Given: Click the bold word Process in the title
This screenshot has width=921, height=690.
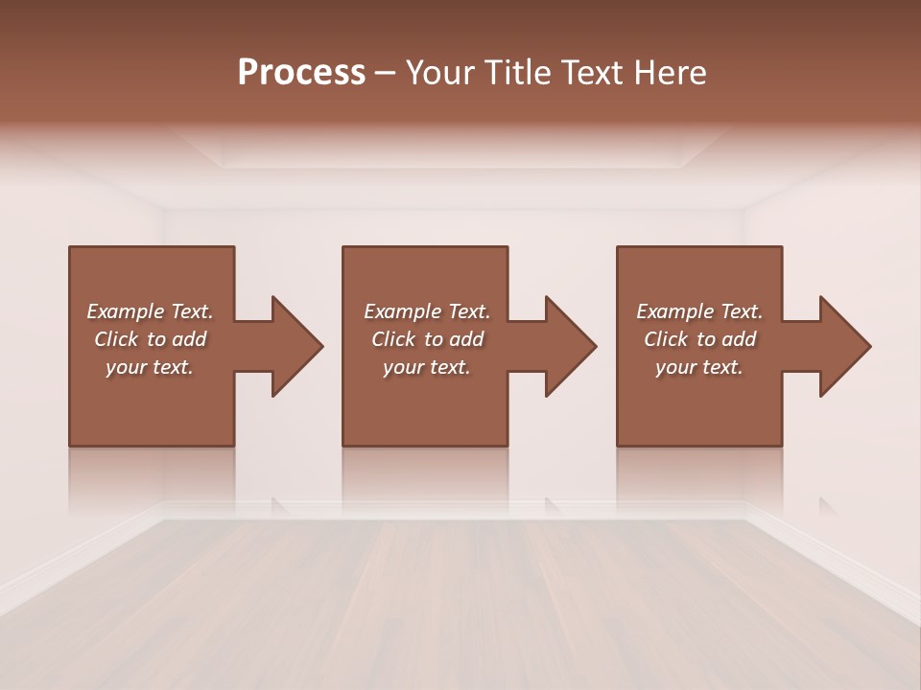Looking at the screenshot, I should click(301, 73).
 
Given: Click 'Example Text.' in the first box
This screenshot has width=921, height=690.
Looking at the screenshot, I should click(150, 311).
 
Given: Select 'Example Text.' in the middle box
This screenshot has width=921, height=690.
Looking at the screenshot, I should click(426, 311).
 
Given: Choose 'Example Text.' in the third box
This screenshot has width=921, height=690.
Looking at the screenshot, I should click(699, 311).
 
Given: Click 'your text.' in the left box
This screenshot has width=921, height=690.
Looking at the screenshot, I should click(150, 367).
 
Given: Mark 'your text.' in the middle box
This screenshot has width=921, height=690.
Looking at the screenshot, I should click(426, 367).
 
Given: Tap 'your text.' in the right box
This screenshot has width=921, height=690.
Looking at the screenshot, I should click(699, 367).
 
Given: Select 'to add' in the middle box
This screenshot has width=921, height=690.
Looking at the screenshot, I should click(453, 339).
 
